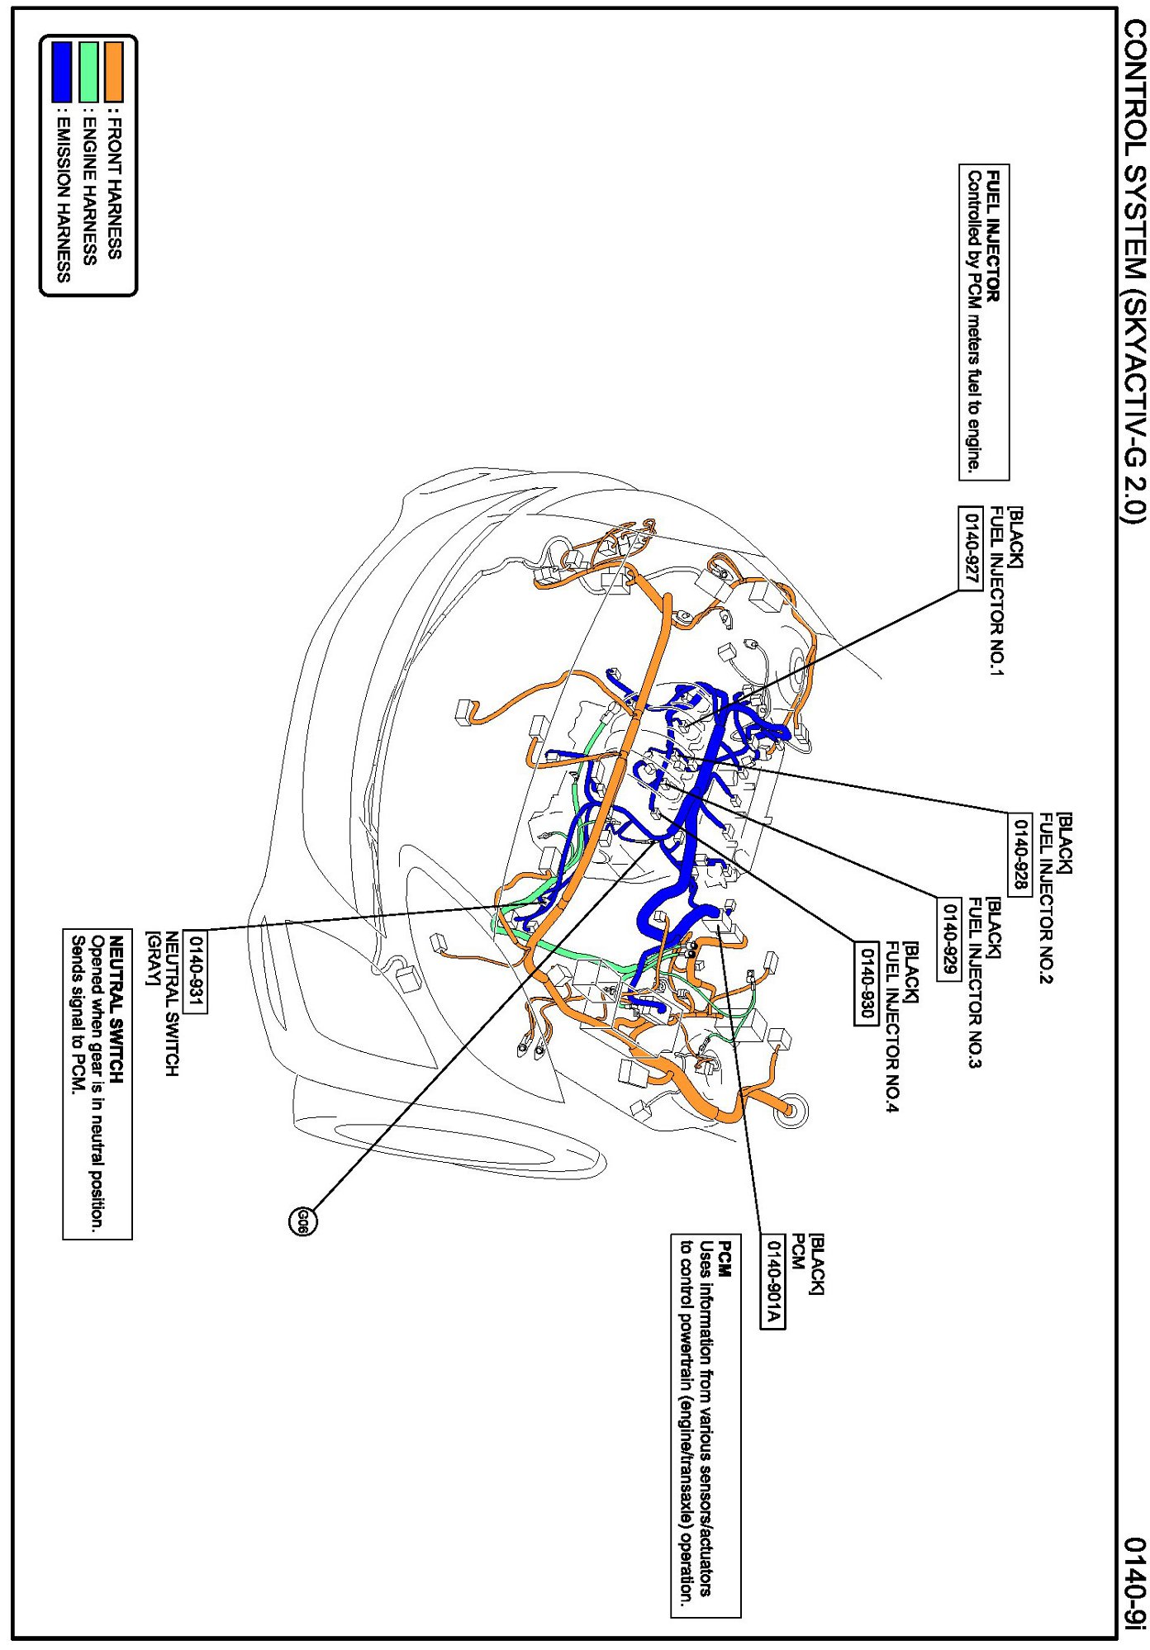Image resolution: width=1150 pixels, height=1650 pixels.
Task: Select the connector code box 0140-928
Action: pyautogui.click(x=1020, y=854)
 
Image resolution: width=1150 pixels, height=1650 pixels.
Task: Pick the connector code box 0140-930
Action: pyautogui.click(x=867, y=984)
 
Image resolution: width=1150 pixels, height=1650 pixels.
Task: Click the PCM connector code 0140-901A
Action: pyautogui.click(x=772, y=1283)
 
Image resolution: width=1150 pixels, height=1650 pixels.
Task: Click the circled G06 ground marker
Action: pyautogui.click(x=303, y=1221)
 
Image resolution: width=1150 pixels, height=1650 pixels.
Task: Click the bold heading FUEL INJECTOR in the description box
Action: pyautogui.click(x=994, y=236)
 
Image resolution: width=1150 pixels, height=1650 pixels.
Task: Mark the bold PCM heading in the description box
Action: pyautogui.click(x=724, y=1259)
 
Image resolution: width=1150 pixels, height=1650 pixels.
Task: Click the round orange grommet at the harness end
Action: pyautogui.click(x=790, y=1111)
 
